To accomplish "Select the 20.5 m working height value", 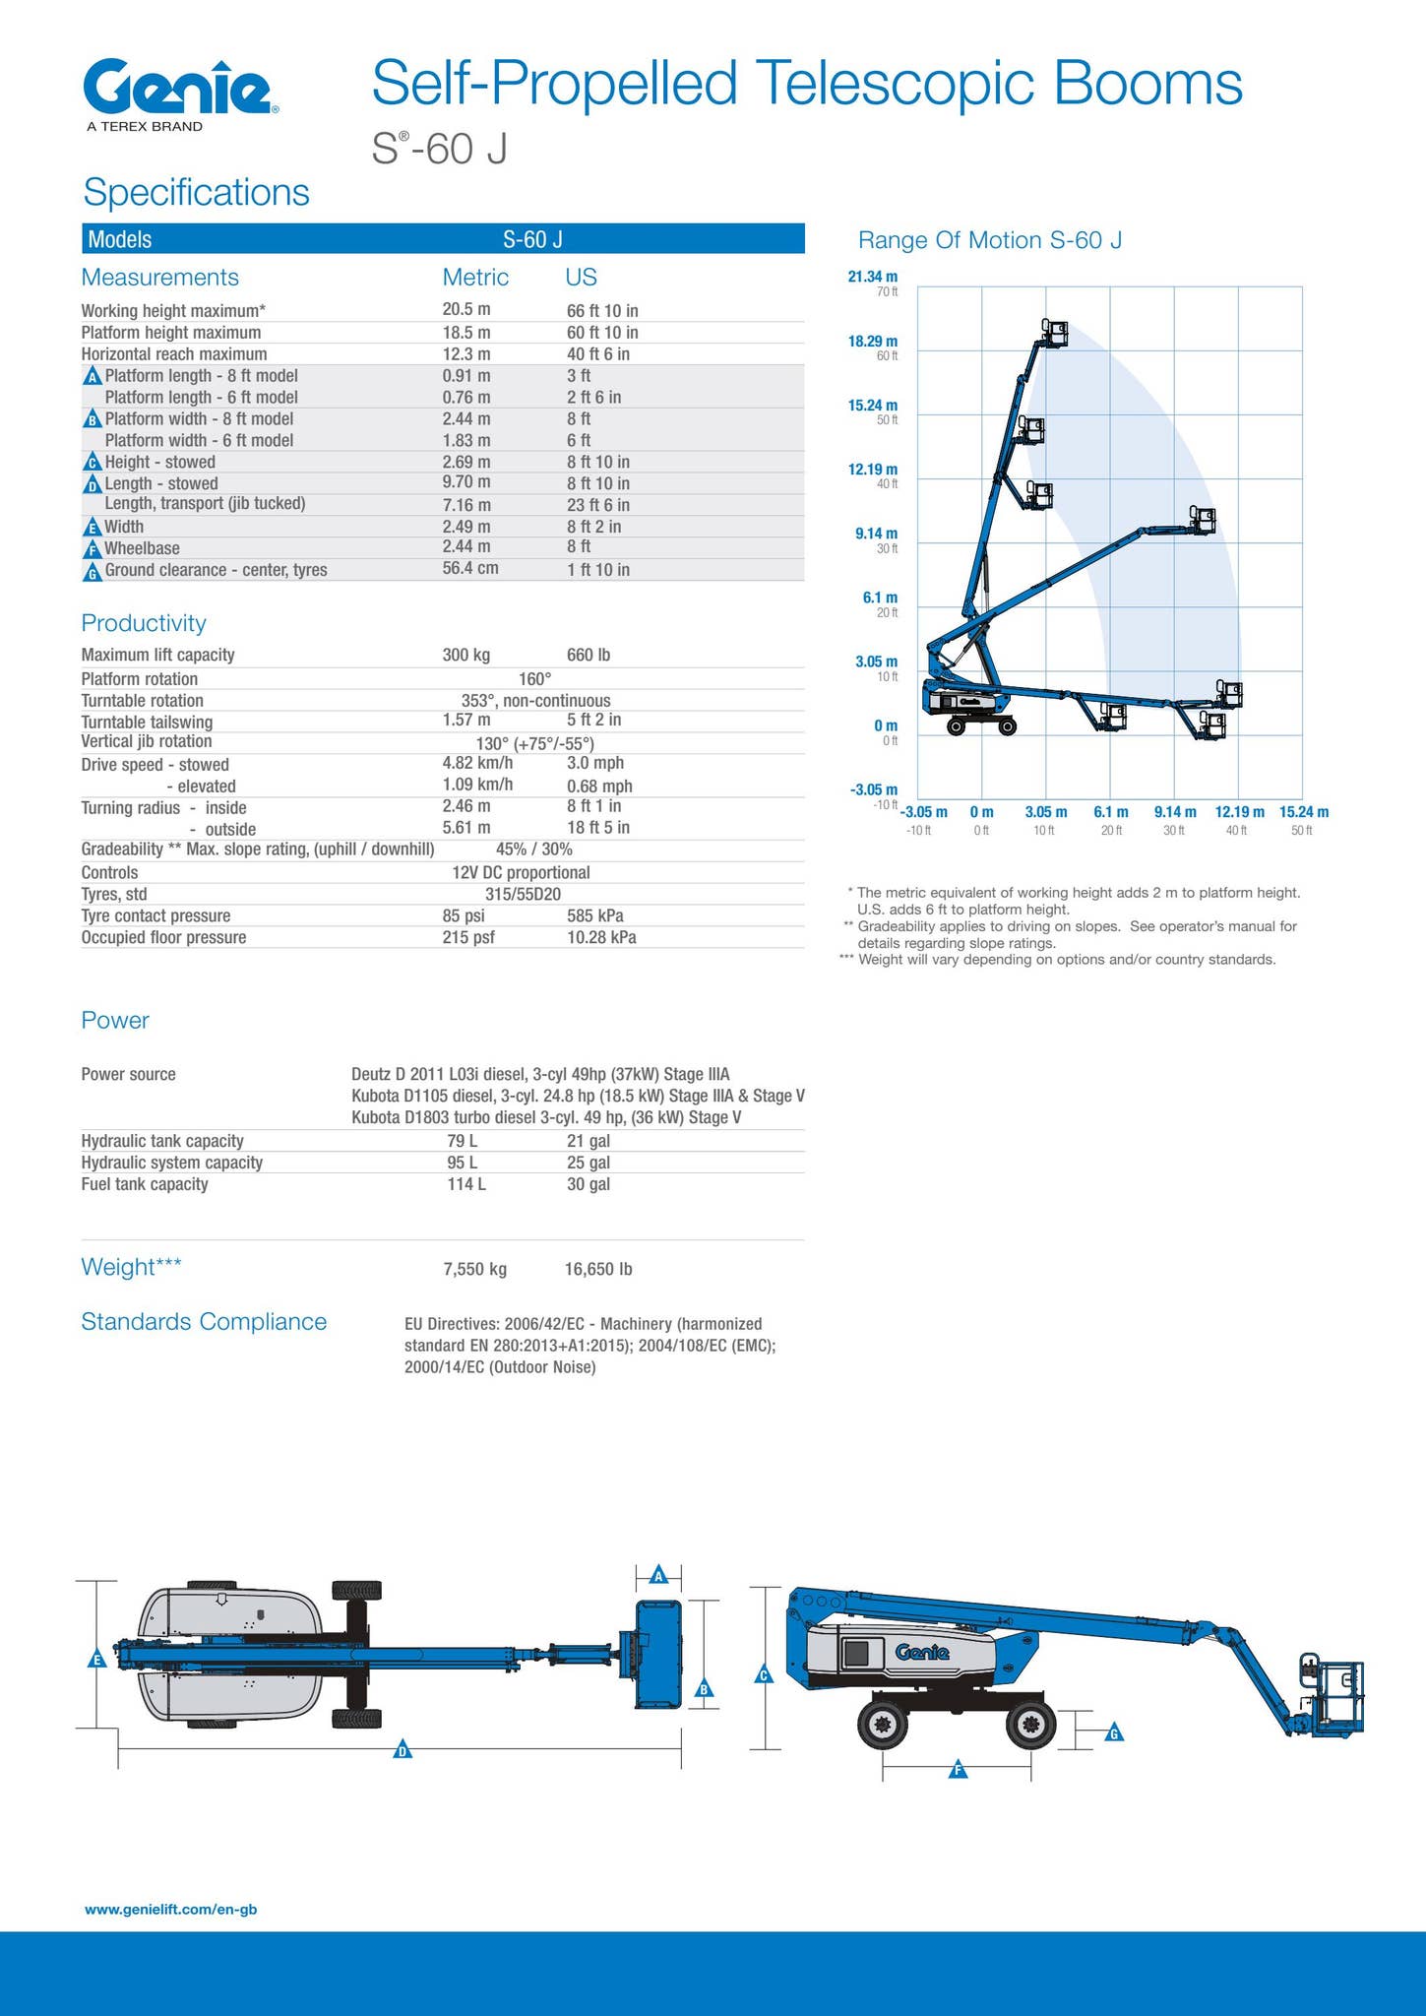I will point(466,310).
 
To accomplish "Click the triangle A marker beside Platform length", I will point(93,377).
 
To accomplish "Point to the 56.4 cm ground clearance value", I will point(471,569).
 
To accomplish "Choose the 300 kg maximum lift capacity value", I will point(465,655).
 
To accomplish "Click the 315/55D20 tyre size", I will point(523,894).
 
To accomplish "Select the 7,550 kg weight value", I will point(474,1269).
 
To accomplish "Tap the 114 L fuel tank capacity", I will point(466,1184).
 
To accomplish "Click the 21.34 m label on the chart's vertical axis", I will point(872,277).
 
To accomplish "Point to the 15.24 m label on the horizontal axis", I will point(1303,812).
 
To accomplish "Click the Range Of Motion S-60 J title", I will point(989,240).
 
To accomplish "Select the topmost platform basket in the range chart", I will point(1056,333).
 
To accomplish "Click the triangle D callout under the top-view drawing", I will point(402,1749).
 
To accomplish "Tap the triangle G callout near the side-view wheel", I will point(1114,1732).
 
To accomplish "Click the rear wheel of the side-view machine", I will point(883,1723).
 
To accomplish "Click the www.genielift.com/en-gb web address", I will point(171,1909).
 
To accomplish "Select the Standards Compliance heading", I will point(204,1321).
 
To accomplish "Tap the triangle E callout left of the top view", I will point(96,1661).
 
